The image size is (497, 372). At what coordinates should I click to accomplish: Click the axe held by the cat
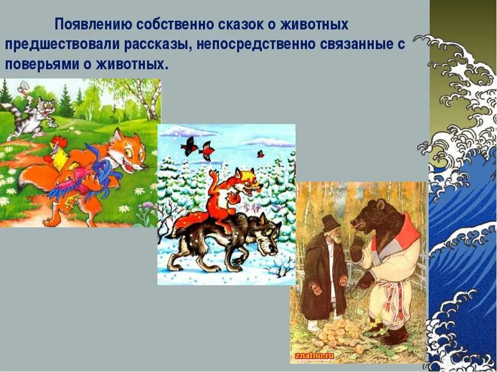[x=22, y=88]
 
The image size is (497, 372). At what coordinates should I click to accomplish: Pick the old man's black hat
[x=330, y=223]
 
